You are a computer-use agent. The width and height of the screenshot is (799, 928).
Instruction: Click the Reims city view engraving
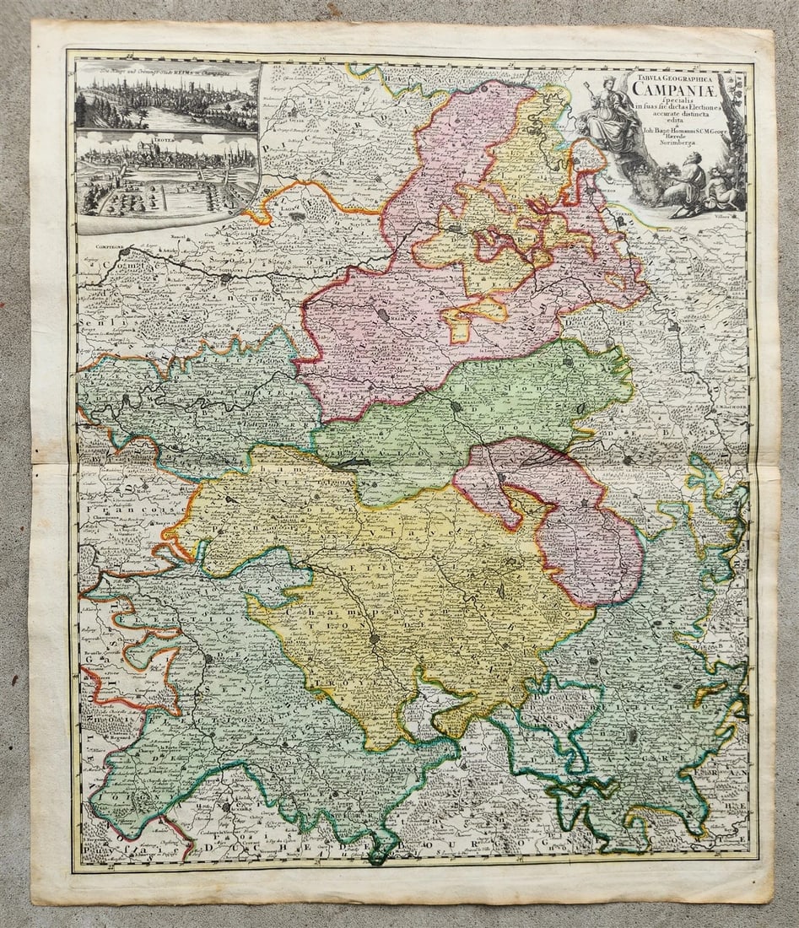pos(166,100)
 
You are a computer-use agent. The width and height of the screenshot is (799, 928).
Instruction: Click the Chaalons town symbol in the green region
pos(455,406)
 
